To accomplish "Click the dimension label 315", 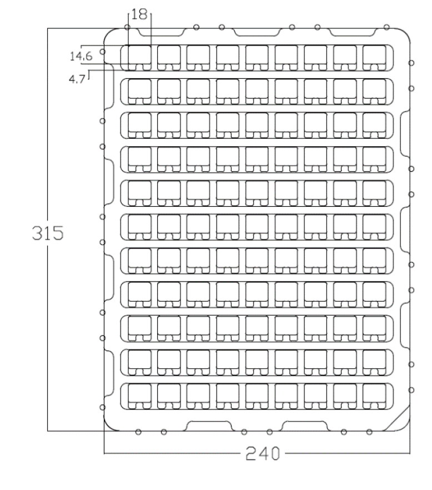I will pyautogui.click(x=47, y=232).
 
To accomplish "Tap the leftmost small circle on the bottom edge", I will pyautogui.click(x=138, y=431).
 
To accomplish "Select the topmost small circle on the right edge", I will pyautogui.click(x=411, y=63).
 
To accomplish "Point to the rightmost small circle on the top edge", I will pyautogui.click(x=386, y=27).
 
